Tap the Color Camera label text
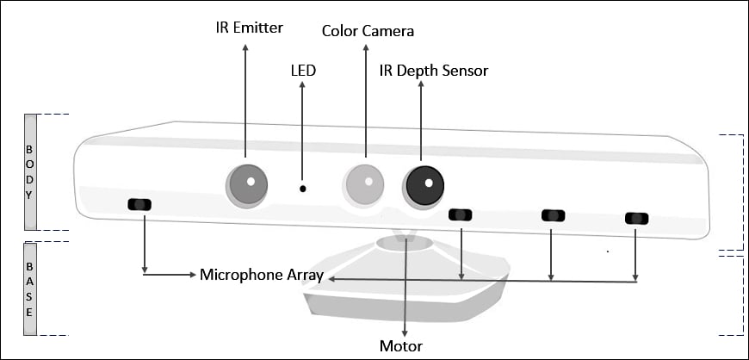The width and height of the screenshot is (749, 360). [x=368, y=31]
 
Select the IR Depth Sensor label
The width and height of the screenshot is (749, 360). [x=434, y=71]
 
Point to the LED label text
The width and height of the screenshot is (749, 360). [x=302, y=71]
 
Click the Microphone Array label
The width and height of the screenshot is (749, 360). [x=262, y=275]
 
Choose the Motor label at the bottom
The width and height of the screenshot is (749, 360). [x=400, y=346]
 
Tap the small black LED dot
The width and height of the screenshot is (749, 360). [x=302, y=188]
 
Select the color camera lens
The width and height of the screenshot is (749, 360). [x=365, y=183]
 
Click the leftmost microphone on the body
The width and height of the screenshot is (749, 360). [x=139, y=204]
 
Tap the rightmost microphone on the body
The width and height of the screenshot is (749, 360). [x=636, y=219]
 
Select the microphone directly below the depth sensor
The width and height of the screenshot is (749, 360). [x=461, y=214]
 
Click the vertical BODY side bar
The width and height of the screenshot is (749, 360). [x=29, y=171]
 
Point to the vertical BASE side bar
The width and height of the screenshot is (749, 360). [x=29, y=288]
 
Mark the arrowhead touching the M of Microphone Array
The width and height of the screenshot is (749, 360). [x=192, y=275]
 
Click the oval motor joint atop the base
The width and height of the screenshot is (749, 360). [x=405, y=243]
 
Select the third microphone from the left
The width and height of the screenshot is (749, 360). [x=552, y=215]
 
